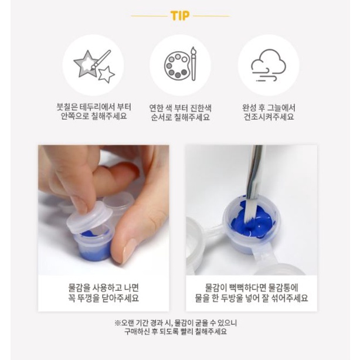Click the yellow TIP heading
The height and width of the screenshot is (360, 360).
click(180, 16)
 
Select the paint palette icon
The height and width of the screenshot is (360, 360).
click(181, 64)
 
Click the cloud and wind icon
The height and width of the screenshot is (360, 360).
click(269, 65)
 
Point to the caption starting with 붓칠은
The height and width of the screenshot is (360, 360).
click(94, 111)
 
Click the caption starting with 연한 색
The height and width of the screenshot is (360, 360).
click(180, 113)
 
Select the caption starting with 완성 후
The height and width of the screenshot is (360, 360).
click(269, 112)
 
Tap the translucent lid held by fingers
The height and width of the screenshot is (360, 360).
click(90, 218)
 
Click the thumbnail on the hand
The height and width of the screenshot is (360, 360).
click(128, 251)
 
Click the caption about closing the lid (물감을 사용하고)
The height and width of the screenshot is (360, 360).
click(103, 293)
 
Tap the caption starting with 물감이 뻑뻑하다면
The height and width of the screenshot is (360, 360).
click(252, 293)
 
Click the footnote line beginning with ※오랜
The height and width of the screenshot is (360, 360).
click(176, 323)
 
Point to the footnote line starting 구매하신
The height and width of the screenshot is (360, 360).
click(175, 331)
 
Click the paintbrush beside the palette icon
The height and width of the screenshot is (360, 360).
click(193, 63)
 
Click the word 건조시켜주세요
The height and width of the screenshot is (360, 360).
click(269, 117)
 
